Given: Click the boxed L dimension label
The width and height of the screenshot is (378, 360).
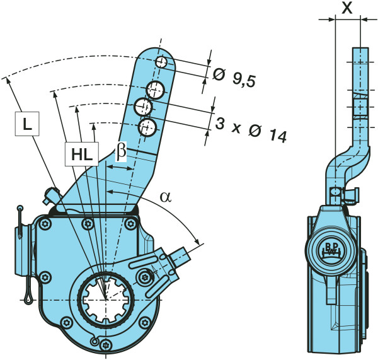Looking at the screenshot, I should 25,125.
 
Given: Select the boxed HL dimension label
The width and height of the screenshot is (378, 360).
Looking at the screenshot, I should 81,153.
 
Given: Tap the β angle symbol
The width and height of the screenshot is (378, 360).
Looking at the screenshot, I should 122,151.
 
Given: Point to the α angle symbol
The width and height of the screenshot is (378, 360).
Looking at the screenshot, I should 165,196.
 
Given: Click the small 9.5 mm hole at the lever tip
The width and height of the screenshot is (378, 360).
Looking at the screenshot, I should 162,62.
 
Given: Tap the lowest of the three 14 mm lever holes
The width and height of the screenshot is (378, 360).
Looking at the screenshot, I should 147,127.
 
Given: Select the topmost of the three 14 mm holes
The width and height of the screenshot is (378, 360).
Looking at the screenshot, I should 156,88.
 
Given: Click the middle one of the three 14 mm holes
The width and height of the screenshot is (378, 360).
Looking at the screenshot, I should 144,107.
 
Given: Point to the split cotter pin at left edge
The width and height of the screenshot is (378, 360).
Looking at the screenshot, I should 23,252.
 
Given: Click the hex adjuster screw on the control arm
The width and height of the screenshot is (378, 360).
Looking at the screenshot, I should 146,276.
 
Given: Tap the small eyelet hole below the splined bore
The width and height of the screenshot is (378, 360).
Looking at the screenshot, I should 95,341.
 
